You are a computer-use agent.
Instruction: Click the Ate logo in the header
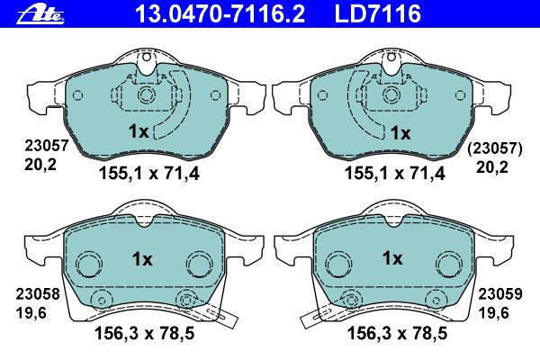tap(41, 15)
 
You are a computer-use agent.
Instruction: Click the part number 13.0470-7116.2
tap(220, 14)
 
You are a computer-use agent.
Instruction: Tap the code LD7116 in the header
tap(378, 14)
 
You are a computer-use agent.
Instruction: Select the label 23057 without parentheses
tap(47, 146)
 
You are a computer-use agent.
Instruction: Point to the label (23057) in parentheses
tap(494, 148)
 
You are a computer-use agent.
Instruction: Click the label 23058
tap(38, 294)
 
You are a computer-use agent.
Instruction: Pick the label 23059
tap(500, 294)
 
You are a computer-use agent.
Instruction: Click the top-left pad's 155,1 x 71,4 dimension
tap(149, 174)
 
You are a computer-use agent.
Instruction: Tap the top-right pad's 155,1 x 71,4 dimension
tap(395, 174)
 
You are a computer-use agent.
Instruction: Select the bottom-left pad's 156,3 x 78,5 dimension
tap(144, 333)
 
